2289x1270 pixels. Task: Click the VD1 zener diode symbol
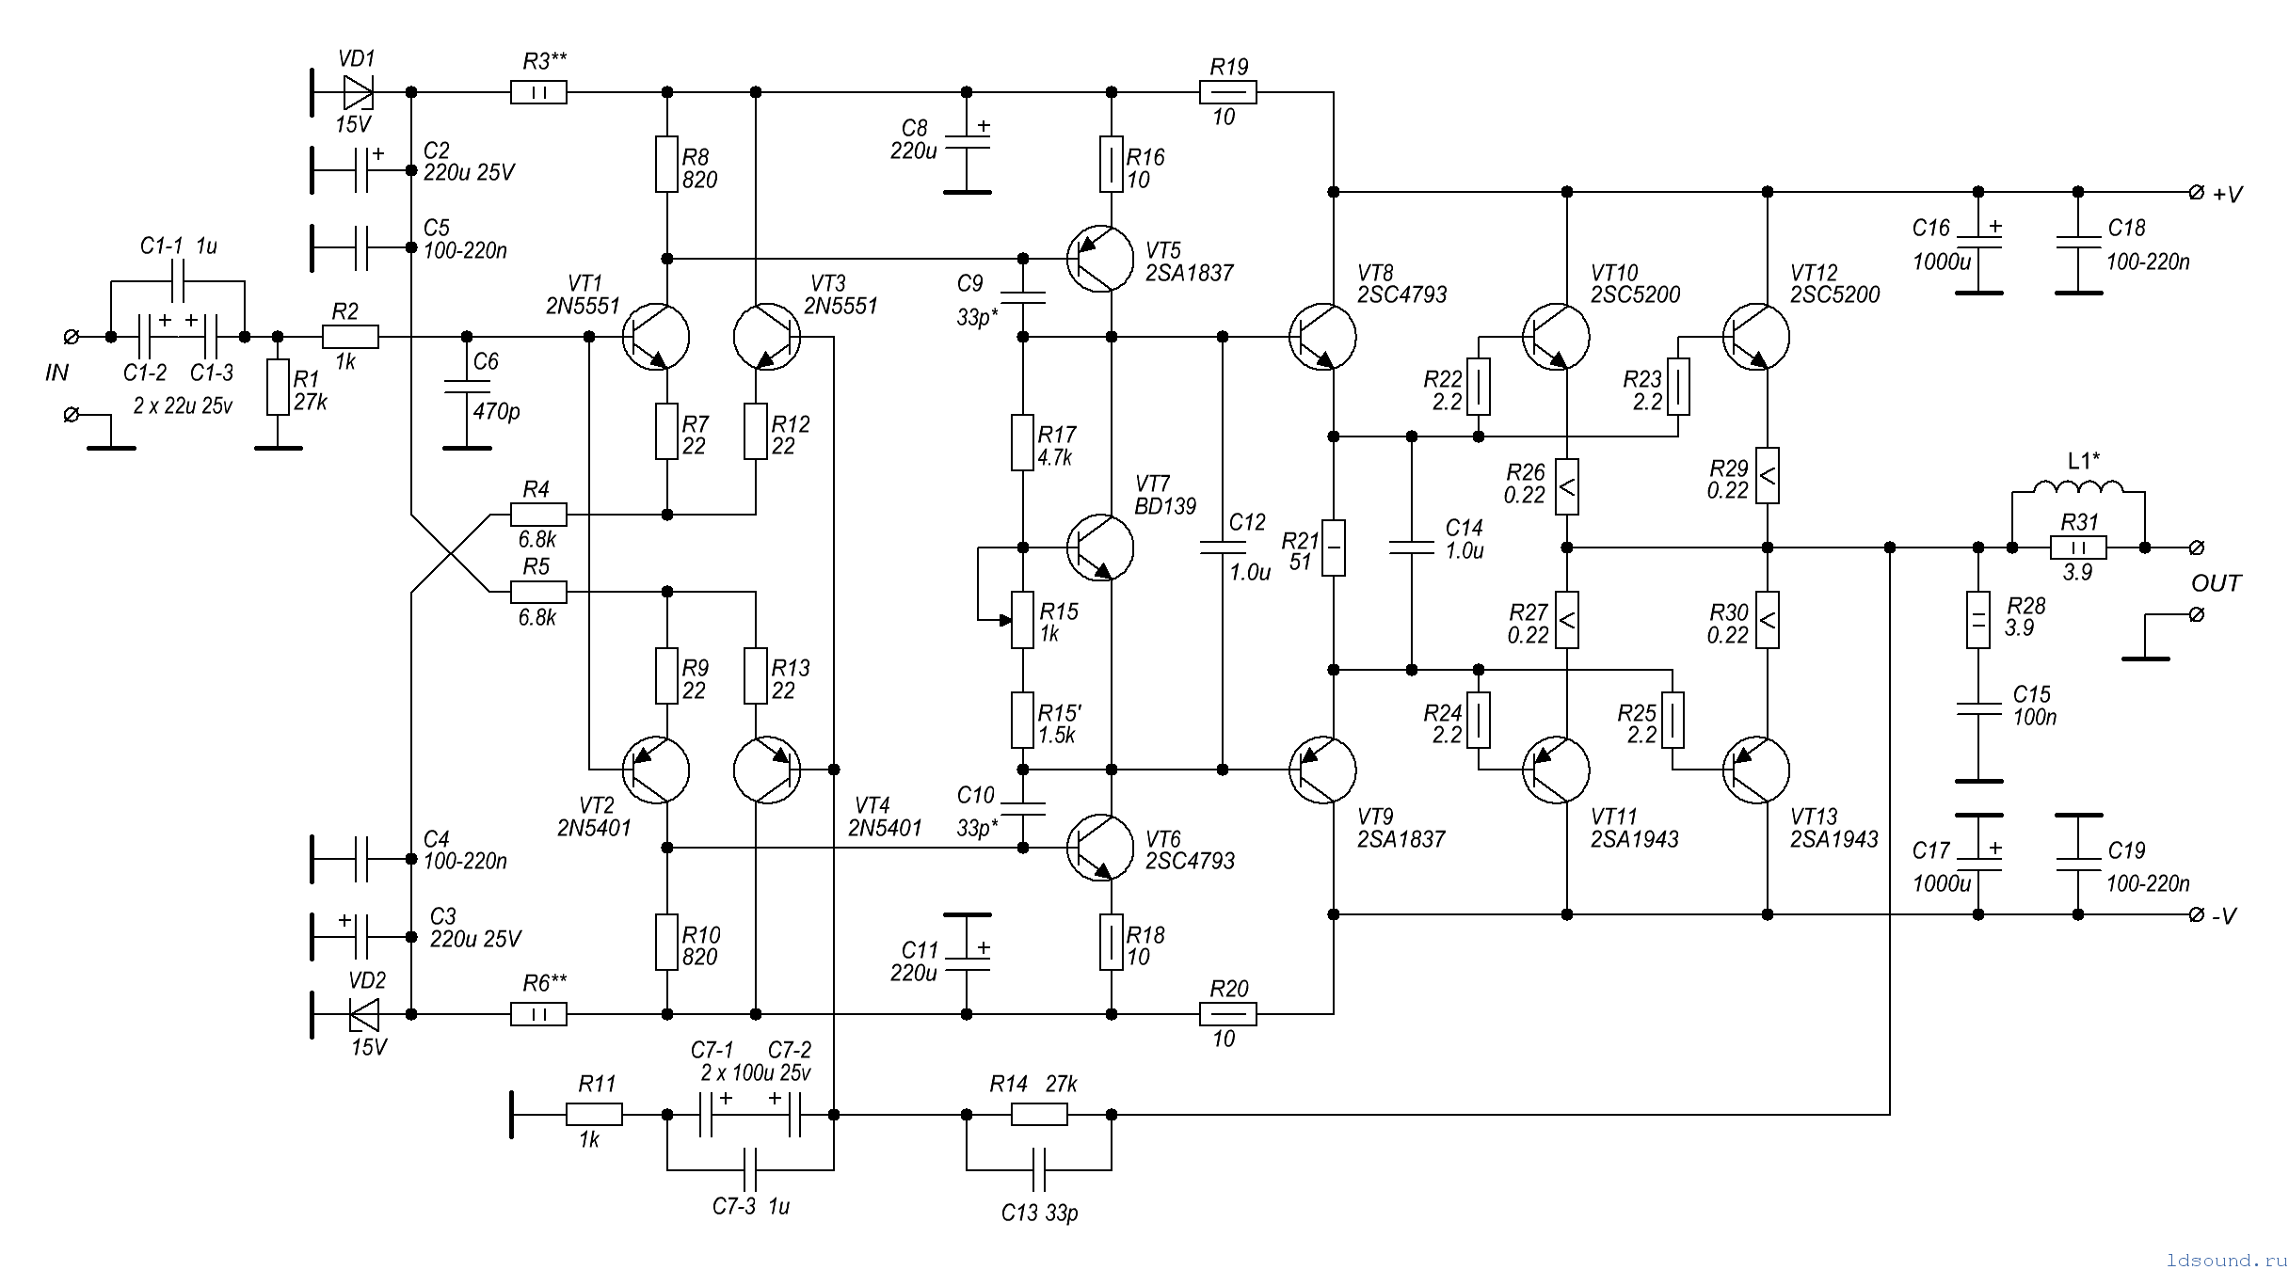(x=359, y=92)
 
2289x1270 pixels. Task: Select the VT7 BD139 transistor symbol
(x=1100, y=548)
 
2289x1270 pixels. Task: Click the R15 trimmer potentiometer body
(x=1022, y=620)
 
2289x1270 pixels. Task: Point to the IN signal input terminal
(x=71, y=337)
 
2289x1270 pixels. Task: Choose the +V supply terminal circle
(x=2197, y=192)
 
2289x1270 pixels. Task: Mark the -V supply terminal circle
(x=2197, y=914)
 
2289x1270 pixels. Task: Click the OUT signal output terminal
(x=2197, y=548)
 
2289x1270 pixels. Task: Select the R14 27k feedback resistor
(x=1039, y=1115)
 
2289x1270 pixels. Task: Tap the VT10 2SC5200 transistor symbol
(x=1556, y=337)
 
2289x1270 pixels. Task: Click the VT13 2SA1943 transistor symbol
(x=1756, y=770)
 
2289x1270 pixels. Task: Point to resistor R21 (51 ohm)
(x=1333, y=548)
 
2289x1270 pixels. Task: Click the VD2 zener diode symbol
(x=363, y=1014)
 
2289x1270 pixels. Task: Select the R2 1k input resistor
(x=350, y=337)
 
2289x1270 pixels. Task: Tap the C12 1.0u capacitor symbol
(x=1222, y=548)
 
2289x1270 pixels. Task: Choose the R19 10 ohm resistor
(x=1227, y=92)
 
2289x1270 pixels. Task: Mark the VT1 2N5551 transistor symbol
(x=655, y=337)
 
